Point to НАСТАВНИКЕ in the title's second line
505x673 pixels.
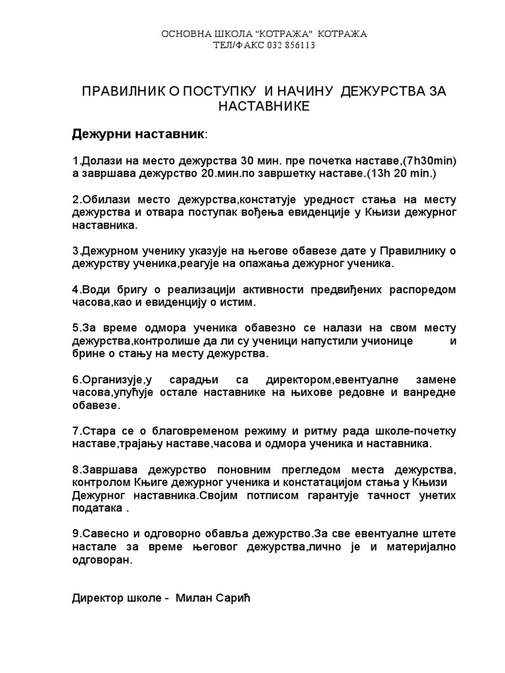(263, 105)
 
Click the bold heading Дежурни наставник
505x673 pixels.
(137, 134)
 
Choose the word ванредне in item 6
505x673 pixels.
(434, 392)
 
